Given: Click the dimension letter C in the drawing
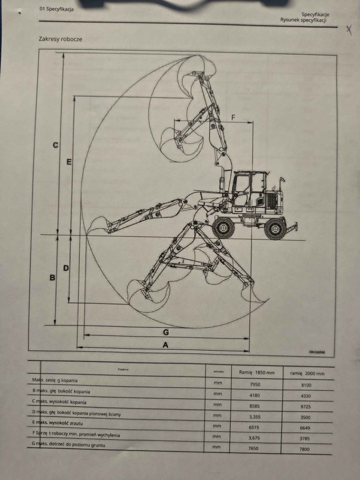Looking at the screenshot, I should [x=55, y=145].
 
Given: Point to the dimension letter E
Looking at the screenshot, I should [x=69, y=162].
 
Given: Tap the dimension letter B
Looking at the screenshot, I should [x=52, y=277].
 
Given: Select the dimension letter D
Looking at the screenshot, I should [x=66, y=268].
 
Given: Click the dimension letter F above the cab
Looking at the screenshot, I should [x=233, y=117].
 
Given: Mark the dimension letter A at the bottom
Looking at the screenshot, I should [x=165, y=345].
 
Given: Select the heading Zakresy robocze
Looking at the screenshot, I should [x=60, y=39].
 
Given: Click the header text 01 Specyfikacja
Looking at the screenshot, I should [x=57, y=9].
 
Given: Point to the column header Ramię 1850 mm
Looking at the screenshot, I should [x=257, y=373].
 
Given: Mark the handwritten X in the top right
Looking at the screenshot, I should [x=349, y=30].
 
